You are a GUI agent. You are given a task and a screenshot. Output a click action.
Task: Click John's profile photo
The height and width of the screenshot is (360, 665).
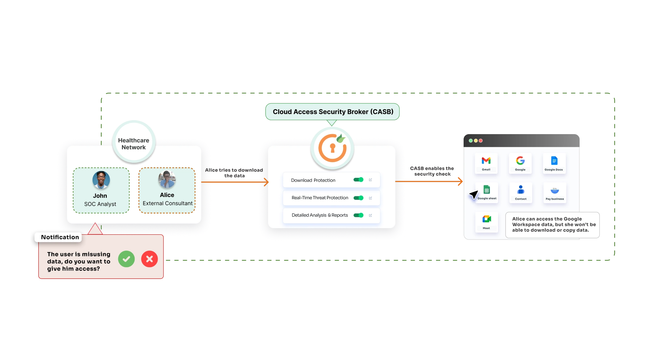point(101,180)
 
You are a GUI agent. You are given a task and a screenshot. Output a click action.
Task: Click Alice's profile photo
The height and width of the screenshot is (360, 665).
point(167,180)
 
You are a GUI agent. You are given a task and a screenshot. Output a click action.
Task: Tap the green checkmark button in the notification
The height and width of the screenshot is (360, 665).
point(126,259)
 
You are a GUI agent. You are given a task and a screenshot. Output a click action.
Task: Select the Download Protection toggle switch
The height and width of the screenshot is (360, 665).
point(358,180)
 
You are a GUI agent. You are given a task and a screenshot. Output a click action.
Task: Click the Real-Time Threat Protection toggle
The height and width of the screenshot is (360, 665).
point(358,198)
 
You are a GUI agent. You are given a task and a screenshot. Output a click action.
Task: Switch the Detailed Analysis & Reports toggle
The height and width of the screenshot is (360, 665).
point(358,215)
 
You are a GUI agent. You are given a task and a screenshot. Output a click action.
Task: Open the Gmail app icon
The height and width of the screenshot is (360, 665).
point(486,161)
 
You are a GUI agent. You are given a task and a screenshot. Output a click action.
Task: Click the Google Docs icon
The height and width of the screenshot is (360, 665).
point(554,161)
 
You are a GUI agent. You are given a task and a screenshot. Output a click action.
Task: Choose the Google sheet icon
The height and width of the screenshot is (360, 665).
point(487,190)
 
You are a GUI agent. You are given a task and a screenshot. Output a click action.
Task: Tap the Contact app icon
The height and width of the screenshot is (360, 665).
point(520,190)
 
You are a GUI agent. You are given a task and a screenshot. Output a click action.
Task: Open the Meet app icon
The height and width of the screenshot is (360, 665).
point(486,219)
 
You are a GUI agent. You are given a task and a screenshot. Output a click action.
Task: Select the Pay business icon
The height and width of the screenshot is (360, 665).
point(555,191)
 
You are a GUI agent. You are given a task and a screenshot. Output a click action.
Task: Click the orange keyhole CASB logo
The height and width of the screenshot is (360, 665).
point(332,148)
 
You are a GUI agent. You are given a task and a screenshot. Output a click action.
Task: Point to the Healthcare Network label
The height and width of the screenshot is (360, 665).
point(134,144)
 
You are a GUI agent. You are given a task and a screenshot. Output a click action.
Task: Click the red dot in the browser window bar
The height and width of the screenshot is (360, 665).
point(481,141)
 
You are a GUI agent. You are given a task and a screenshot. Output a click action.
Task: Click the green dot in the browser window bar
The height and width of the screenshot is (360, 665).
point(470,141)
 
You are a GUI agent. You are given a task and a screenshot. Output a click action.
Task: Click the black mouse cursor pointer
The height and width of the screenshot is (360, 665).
point(473,195)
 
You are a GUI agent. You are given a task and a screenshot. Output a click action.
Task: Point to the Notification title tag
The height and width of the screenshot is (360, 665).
point(60,237)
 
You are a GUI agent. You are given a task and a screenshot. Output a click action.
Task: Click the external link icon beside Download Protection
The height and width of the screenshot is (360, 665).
point(370,180)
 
